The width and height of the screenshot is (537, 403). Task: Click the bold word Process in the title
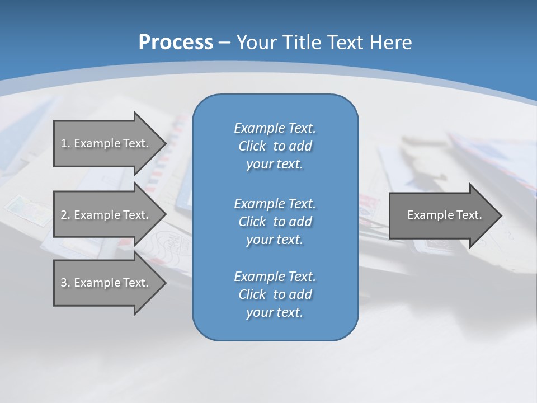pyautogui.click(x=176, y=43)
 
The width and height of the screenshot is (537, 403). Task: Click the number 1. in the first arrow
pyautogui.click(x=65, y=143)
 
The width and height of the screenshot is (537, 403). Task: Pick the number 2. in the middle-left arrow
pyautogui.click(x=65, y=215)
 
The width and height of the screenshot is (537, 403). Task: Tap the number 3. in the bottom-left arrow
pyautogui.click(x=65, y=283)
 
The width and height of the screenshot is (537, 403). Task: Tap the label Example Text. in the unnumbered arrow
pyautogui.click(x=444, y=215)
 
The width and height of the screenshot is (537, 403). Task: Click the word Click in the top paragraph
pyautogui.click(x=252, y=146)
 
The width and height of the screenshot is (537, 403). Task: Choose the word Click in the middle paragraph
pyautogui.click(x=252, y=222)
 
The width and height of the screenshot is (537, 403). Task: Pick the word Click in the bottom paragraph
pyautogui.click(x=252, y=294)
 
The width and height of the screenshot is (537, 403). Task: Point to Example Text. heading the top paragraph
pyautogui.click(x=275, y=128)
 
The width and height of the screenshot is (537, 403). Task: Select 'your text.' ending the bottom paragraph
pyautogui.click(x=275, y=312)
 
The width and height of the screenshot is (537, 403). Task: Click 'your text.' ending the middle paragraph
pyautogui.click(x=275, y=240)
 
